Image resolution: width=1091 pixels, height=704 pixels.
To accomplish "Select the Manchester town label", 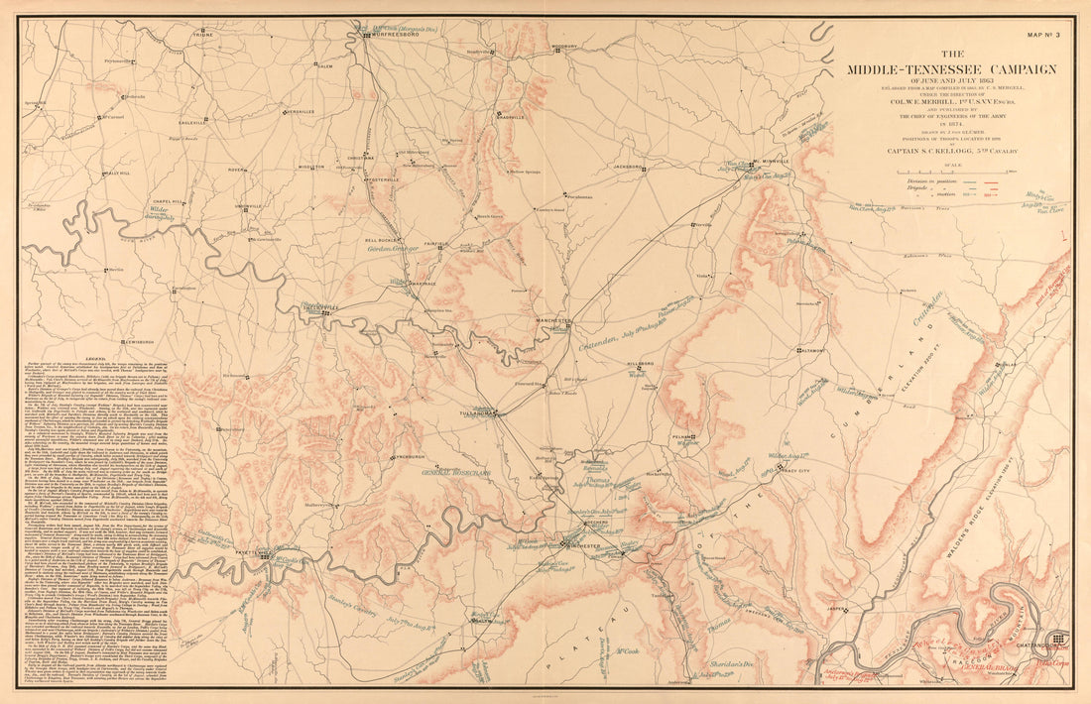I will (x=553, y=321).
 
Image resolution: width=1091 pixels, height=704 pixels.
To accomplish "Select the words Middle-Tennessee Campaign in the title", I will (x=950, y=68).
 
